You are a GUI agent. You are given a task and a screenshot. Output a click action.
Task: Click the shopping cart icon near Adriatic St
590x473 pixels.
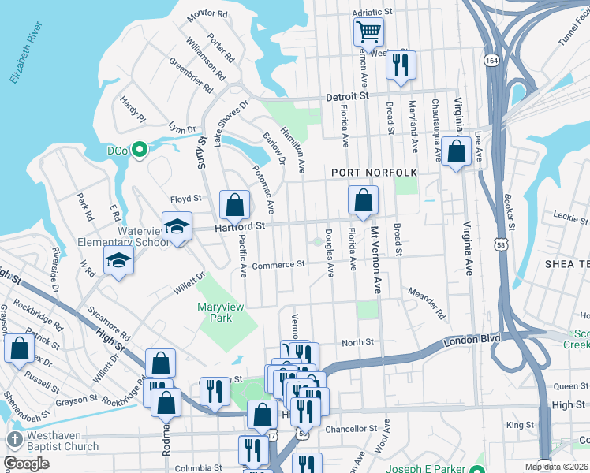pyautogui.click(x=368, y=33)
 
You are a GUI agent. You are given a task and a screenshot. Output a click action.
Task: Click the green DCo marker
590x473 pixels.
pyautogui.click(x=140, y=149)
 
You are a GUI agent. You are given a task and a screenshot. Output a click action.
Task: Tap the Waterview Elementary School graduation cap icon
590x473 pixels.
pyautogui.click(x=177, y=226)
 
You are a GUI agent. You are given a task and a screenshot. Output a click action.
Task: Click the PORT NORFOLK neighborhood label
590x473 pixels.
pyautogui.click(x=373, y=172)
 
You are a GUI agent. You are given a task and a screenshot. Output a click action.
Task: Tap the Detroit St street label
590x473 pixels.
pyautogui.click(x=348, y=95)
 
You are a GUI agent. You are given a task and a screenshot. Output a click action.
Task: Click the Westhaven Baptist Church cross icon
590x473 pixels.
pyautogui.click(x=13, y=438)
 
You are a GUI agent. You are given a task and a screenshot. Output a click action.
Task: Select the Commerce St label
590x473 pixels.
pyautogui.click(x=278, y=265)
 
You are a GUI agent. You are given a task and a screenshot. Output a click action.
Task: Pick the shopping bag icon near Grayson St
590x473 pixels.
pyautogui.click(x=19, y=348)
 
